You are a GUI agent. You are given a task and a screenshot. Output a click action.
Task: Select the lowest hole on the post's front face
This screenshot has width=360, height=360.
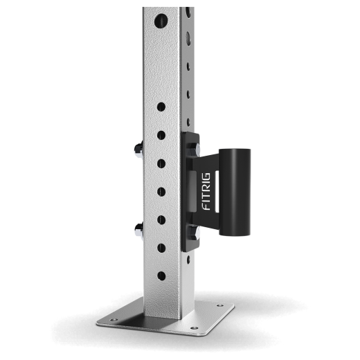coord(161,276)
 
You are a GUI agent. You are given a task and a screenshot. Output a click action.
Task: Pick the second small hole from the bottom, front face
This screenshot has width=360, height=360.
coord(161,247)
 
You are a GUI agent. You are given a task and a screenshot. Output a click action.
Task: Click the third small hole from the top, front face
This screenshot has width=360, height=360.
coord(161,163)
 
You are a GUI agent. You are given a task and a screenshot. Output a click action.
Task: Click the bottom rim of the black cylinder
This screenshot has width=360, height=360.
coord(234,233)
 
